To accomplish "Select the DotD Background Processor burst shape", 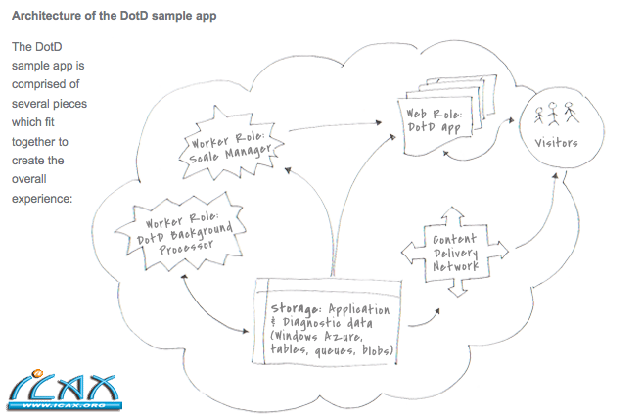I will pyautogui.click(x=176, y=232).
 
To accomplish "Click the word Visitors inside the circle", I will pyautogui.click(x=557, y=143).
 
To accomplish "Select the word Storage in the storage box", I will pyautogui.click(x=297, y=310).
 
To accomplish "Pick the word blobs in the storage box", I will pyautogui.click(x=373, y=350).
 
